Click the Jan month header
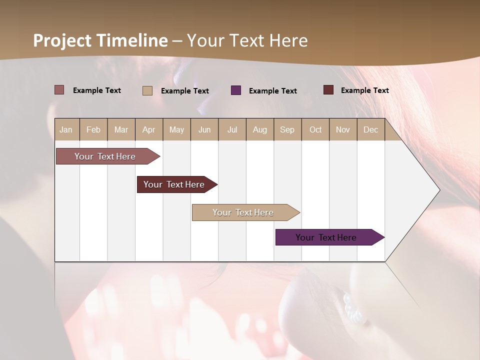66,129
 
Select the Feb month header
93,129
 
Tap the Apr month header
148,129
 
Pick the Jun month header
204,129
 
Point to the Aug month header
259,129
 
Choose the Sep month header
287,129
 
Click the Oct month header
315,129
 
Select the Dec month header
370,129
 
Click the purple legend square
236,90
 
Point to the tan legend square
147,90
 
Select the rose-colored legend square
59,90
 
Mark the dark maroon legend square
328,90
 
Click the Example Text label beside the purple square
272,91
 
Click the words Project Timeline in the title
100,40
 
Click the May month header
176,129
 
